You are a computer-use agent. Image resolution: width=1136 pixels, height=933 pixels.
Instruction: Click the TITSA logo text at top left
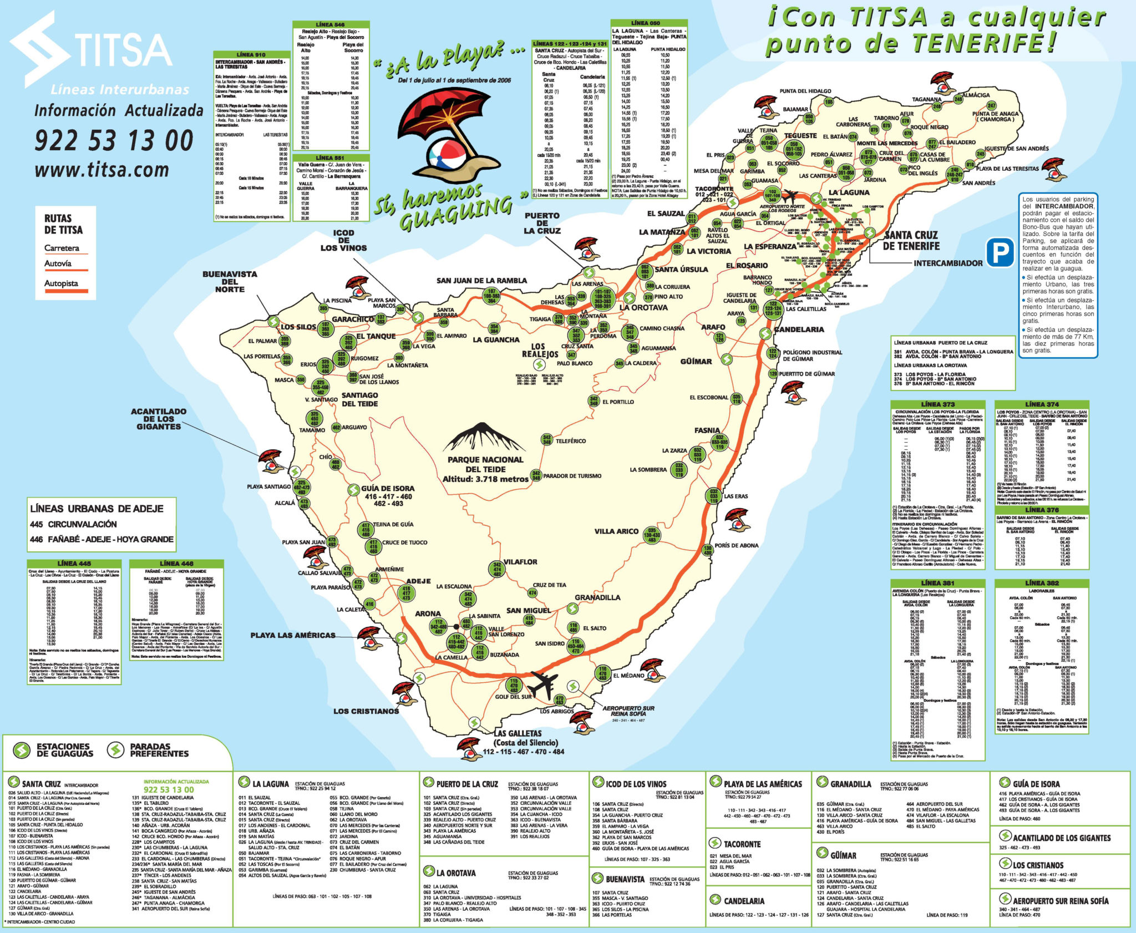[x=122, y=50]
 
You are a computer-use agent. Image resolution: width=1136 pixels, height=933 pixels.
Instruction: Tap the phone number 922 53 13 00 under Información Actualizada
[x=114, y=140]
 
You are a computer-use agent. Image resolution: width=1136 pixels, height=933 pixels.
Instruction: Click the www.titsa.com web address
[x=102, y=170]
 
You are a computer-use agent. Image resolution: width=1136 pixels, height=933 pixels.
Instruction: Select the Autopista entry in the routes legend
[x=62, y=283]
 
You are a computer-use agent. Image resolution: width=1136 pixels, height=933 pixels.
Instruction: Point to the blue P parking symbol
[x=1000, y=252]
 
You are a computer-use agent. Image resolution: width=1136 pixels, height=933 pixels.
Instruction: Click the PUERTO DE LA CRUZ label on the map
[x=542, y=223]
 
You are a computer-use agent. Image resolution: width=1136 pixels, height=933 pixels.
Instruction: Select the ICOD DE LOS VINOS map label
[x=343, y=240]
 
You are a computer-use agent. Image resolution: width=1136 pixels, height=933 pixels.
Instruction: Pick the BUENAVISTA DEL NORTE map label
[x=230, y=281]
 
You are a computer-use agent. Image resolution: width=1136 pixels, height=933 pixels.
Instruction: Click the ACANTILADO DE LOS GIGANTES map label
[x=159, y=419]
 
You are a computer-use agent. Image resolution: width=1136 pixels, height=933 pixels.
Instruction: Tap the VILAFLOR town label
[x=520, y=562]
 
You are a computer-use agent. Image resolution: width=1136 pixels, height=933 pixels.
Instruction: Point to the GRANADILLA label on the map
[x=597, y=597]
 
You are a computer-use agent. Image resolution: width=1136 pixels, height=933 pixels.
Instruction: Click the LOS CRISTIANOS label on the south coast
[x=366, y=711]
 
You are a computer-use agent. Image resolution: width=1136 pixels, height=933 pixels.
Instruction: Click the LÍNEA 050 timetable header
[x=646, y=23]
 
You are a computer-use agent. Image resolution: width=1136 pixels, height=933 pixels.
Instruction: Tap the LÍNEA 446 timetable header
[x=176, y=564]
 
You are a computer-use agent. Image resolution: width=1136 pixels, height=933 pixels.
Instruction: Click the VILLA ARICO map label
[x=616, y=531]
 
